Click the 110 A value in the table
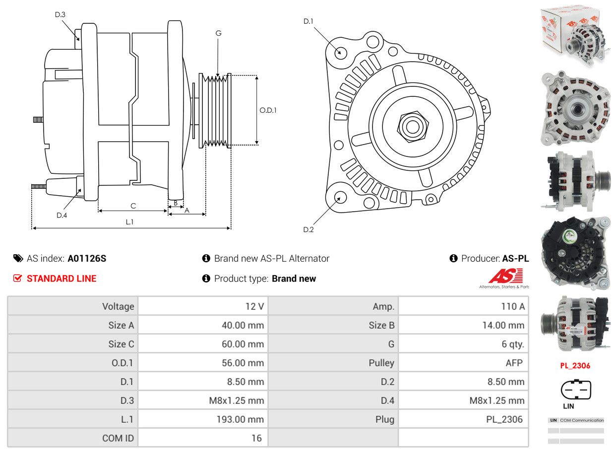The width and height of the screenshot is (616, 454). tap(512, 306)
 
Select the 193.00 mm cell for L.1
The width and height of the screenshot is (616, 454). tap(240, 419)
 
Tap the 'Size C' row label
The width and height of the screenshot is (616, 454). tap(121, 344)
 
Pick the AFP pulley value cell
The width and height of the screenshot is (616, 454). tap(514, 363)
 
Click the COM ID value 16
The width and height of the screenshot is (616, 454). tap(256, 438)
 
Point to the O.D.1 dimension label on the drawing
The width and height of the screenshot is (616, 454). tap(268, 110)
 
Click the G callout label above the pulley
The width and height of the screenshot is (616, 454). tap(218, 33)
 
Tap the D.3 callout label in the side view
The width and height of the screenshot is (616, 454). tap(60, 14)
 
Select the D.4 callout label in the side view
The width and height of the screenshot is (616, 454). tap(62, 215)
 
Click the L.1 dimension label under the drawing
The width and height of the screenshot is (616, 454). tap(129, 222)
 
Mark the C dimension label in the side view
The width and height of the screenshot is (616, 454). tap(133, 206)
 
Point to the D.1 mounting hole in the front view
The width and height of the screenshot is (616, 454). tap(340, 52)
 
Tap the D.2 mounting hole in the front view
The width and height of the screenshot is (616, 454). tap(340, 197)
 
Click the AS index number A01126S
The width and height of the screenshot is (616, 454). tap(87, 258)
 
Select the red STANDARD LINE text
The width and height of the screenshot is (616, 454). tap(62, 279)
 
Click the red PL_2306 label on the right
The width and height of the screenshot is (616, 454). tap(575, 366)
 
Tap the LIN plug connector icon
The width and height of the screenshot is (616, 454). tap(575, 389)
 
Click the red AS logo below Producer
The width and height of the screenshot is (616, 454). tap(505, 276)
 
